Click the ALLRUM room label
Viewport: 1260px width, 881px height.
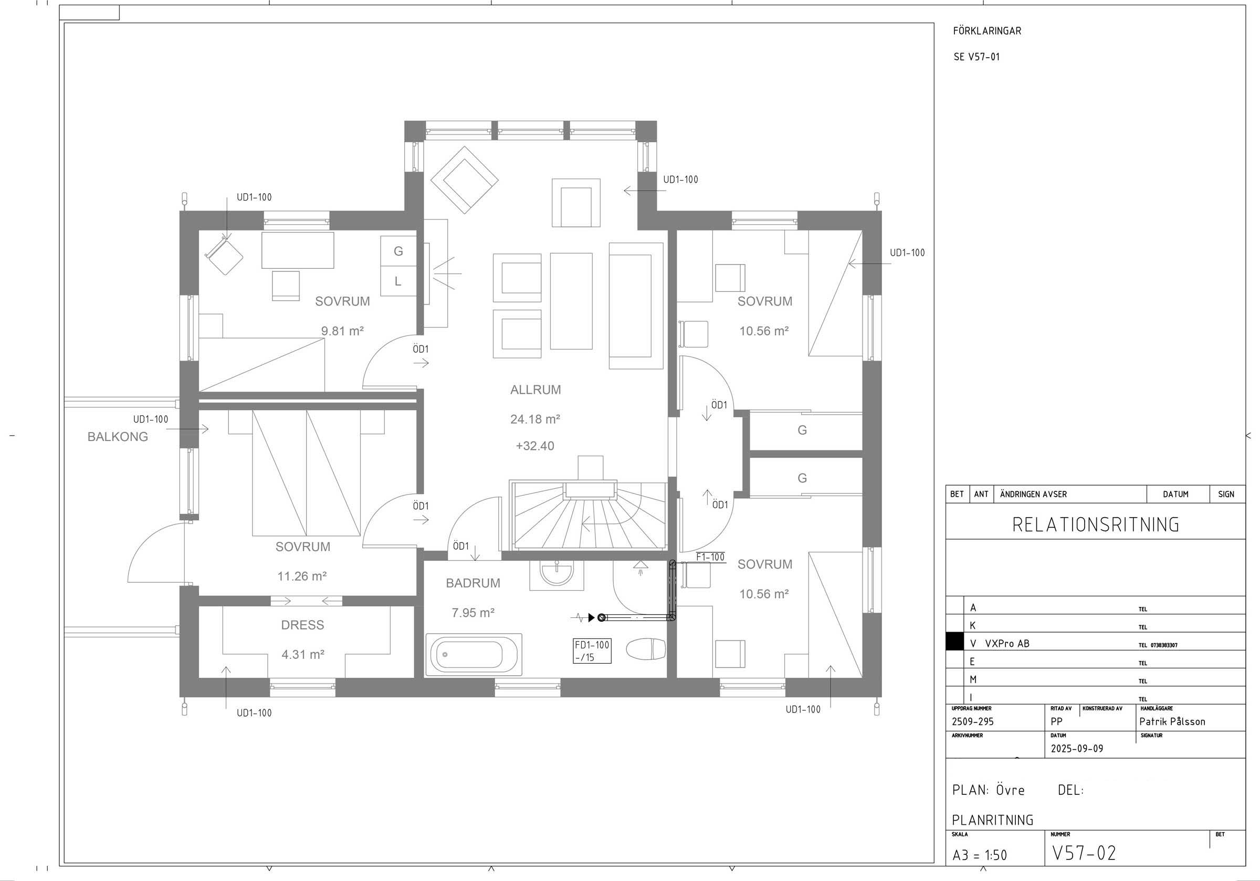point(535,390)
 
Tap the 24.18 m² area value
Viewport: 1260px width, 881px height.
point(535,419)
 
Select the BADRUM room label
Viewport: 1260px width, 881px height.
point(472,583)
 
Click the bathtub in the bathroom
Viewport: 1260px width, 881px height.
point(474,654)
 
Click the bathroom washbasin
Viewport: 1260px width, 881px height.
point(556,574)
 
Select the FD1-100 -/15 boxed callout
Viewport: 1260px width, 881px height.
point(592,651)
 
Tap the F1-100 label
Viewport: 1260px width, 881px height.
point(710,557)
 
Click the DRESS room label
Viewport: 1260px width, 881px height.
point(302,625)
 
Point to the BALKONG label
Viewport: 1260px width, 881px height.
point(118,436)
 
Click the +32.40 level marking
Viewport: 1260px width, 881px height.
point(535,446)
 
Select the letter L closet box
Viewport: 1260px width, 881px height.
point(398,281)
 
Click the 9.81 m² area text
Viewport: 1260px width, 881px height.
point(342,331)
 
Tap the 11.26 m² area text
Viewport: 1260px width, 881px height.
point(302,576)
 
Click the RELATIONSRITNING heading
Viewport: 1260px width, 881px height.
point(1095,525)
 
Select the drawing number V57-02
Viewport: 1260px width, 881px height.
point(1084,853)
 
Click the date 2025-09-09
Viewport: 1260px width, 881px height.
point(1077,748)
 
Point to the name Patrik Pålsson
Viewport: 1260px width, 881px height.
point(1172,721)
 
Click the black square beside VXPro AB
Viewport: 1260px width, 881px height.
point(955,642)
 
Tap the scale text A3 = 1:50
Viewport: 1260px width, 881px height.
point(980,855)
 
